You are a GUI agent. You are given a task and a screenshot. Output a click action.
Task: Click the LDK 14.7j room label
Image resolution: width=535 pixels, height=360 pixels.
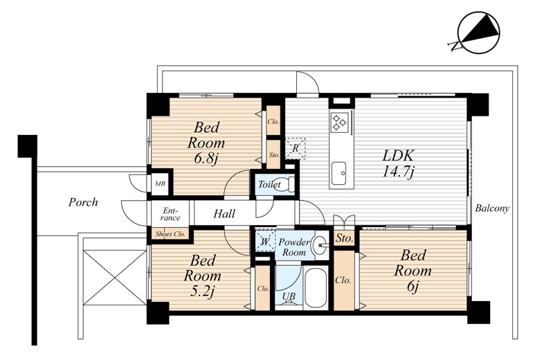(x=398, y=163)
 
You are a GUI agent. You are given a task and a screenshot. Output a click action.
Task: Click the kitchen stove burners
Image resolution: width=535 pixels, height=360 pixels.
(x=339, y=122)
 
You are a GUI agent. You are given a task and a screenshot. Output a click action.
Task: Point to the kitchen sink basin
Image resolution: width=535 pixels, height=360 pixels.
(x=339, y=173)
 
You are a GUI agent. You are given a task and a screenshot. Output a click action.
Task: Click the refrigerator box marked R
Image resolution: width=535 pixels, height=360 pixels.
(x=296, y=148)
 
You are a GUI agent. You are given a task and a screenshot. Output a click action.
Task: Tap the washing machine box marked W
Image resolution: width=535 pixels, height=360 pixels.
(x=266, y=241)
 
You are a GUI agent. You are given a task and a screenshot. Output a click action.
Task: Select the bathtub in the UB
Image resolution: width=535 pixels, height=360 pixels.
(x=316, y=288)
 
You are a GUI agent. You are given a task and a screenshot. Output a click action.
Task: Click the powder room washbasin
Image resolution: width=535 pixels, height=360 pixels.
(x=320, y=244)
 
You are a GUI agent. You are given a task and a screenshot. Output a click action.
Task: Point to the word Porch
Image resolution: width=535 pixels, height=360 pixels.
(x=83, y=202)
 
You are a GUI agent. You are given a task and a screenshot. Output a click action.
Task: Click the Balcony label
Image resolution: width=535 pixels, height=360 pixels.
(x=492, y=208)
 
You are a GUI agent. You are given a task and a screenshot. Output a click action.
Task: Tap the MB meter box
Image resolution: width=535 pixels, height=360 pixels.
(x=160, y=183)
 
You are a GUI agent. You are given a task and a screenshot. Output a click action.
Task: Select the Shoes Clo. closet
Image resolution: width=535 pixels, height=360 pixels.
(x=170, y=234)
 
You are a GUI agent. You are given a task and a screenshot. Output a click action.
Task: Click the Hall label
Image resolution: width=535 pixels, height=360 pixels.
(x=224, y=214)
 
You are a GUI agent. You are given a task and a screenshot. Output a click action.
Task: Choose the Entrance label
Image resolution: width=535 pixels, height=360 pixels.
(x=170, y=214)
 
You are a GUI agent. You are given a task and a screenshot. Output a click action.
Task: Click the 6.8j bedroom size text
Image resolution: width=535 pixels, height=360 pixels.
(x=207, y=158)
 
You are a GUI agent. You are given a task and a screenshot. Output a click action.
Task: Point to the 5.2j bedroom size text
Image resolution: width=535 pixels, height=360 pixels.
(x=203, y=291)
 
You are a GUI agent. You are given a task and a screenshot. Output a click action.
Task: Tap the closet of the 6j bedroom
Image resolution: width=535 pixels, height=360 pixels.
(x=344, y=280)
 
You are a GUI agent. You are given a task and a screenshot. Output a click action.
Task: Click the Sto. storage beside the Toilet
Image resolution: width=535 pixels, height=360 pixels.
(x=273, y=154)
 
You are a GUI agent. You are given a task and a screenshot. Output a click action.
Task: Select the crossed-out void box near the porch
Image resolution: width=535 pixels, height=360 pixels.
(x=115, y=278)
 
